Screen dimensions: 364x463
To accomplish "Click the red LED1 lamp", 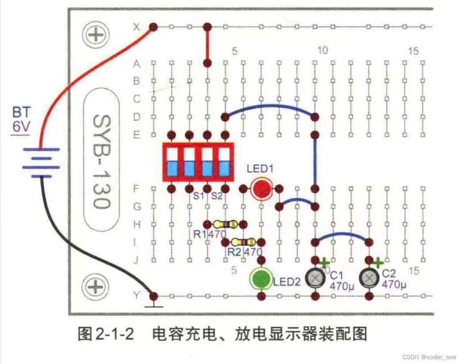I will pos(261,189).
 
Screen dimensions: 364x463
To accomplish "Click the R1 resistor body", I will pos(225,224).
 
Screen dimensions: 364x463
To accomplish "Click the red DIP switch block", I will pos(198,162).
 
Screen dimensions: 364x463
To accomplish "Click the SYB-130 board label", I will pos(101,161).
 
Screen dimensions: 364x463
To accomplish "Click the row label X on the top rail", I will pos(137,27).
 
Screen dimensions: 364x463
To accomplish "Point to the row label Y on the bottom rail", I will pos(137,296).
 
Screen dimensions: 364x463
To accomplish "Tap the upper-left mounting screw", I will pos(94,34).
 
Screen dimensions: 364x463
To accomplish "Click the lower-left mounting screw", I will pos(94,286).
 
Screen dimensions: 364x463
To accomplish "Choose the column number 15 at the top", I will pos(413,51).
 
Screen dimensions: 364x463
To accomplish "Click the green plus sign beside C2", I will pos(378,263).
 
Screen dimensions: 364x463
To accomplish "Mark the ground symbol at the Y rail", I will pos(153,306).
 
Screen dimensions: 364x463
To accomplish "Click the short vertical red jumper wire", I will pos(208,45).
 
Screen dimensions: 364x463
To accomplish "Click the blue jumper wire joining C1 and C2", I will pos(342,234).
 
